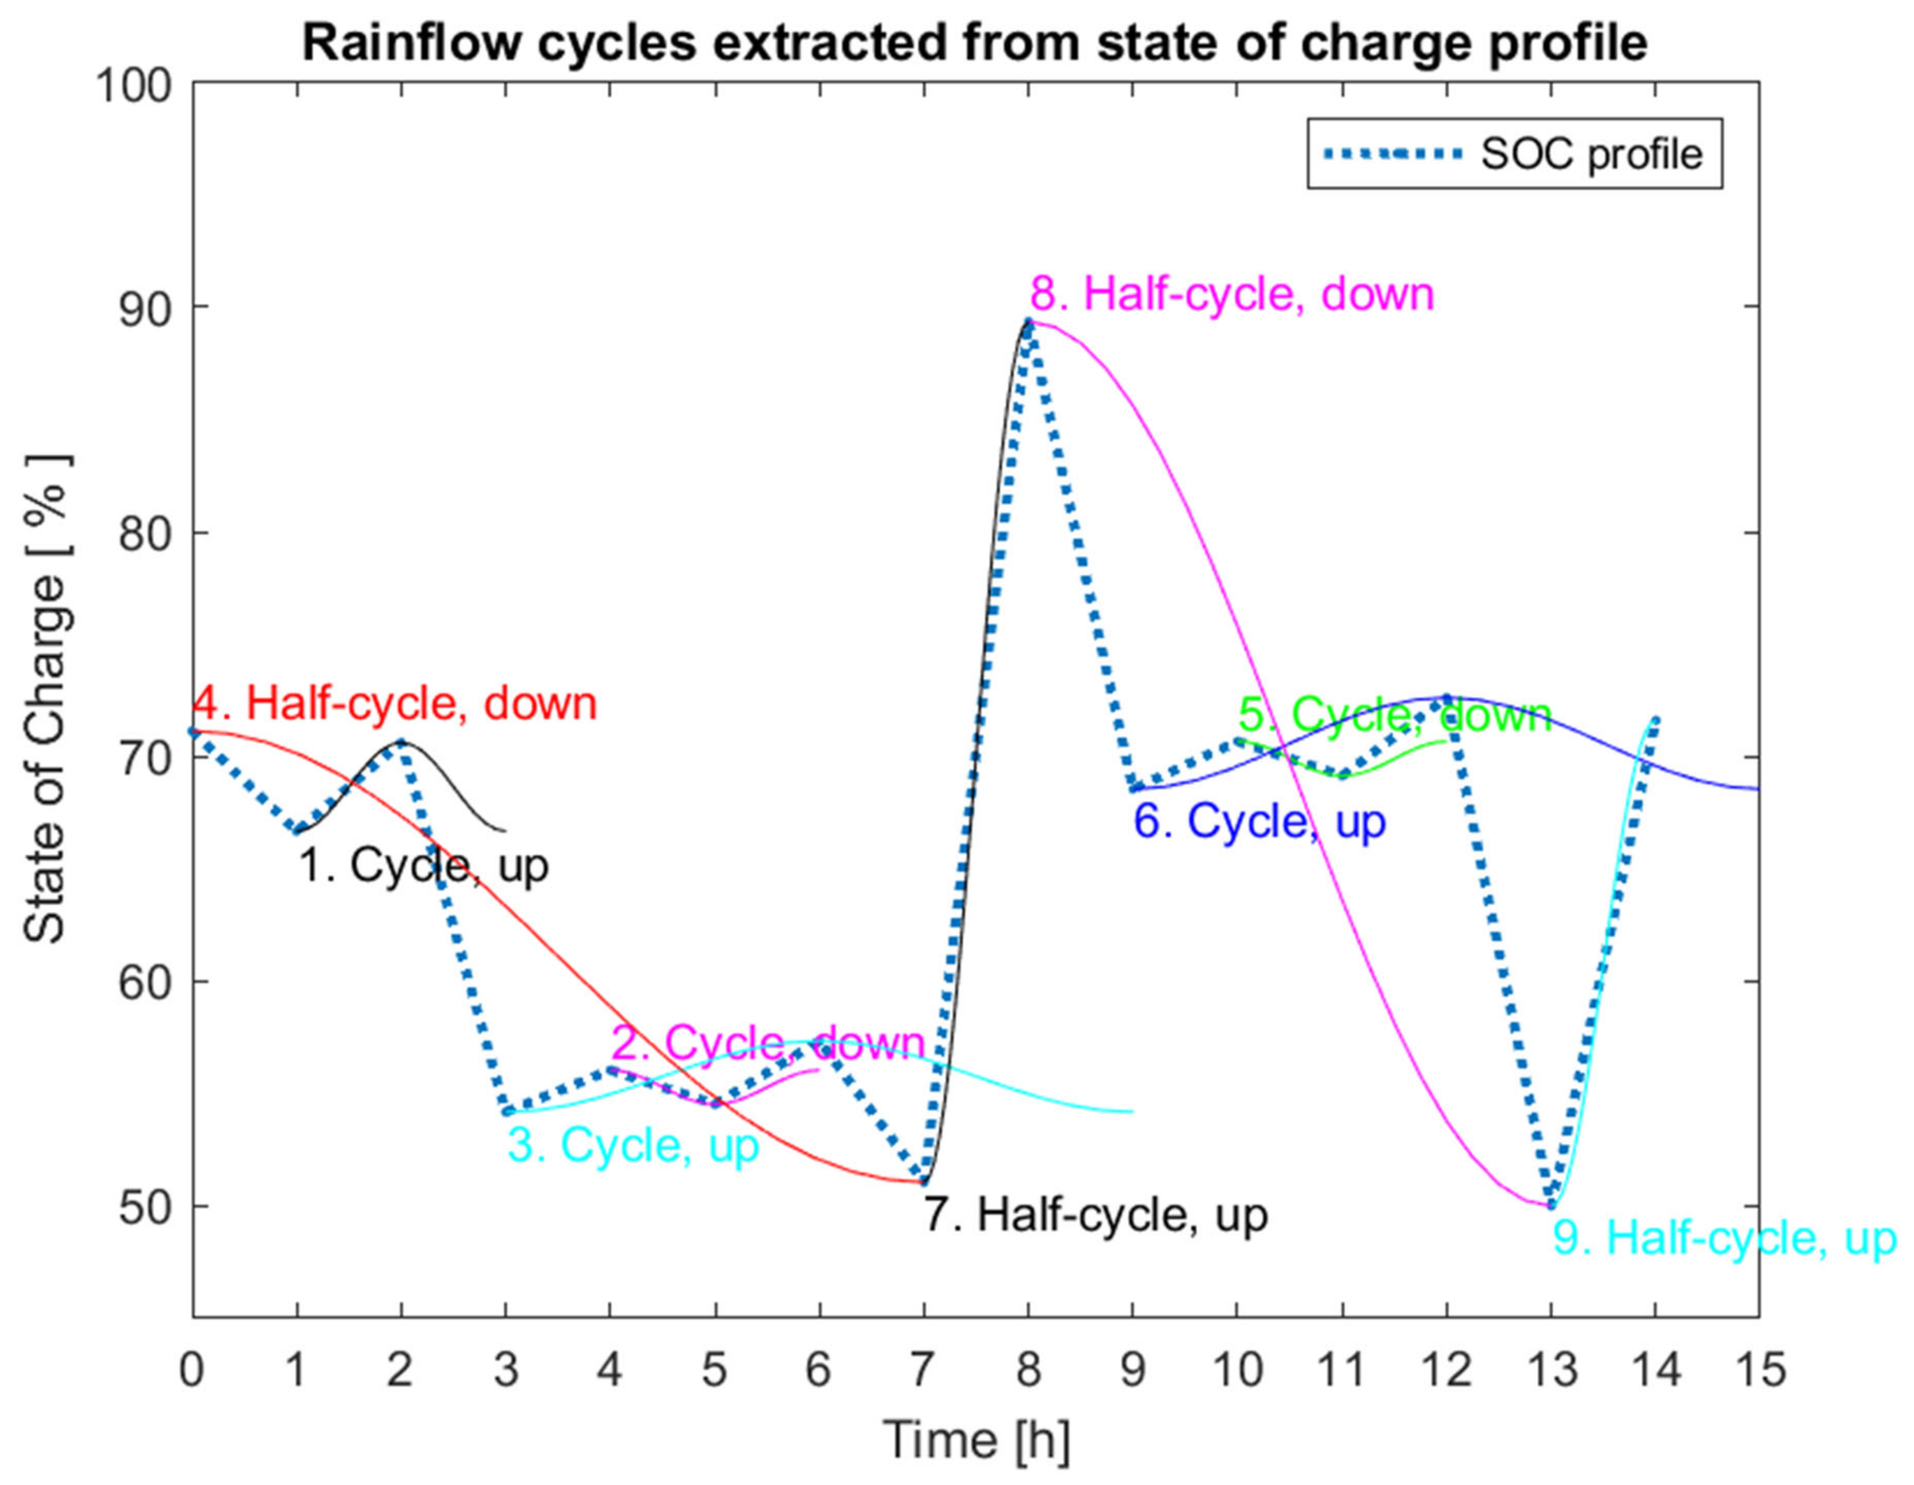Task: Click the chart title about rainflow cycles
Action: click(975, 42)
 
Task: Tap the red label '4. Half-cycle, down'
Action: click(394, 704)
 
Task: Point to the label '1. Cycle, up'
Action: click(424, 866)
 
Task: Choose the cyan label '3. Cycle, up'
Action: click(633, 1145)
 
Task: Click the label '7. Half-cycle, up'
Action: click(1096, 1215)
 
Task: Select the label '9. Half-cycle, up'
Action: click(1724, 1239)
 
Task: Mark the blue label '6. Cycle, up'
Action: click(1260, 822)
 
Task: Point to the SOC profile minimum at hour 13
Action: click(1551, 1206)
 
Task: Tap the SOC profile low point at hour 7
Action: click(923, 1181)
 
